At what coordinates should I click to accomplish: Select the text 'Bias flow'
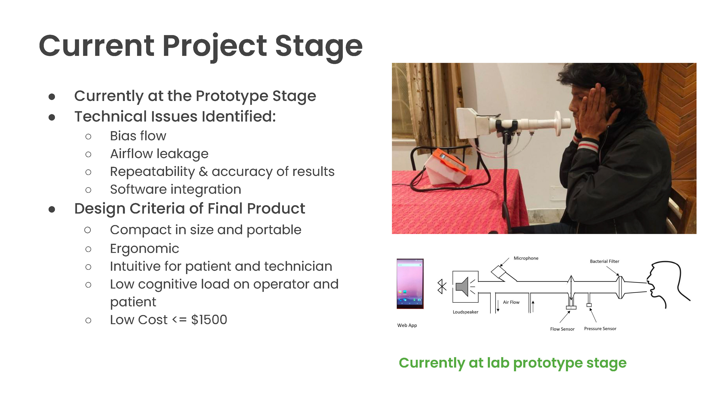[138, 136]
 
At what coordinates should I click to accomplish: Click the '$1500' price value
[209, 320]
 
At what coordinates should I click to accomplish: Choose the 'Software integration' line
[176, 189]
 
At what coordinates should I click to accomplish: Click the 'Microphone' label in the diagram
[526, 258]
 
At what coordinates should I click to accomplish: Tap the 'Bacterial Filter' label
[604, 261]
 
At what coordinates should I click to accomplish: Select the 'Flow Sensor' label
[562, 329]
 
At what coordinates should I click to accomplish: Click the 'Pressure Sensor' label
[600, 329]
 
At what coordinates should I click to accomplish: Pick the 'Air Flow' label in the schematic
[511, 302]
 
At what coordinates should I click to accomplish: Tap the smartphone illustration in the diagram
[410, 283]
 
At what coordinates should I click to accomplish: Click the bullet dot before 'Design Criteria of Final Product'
[52, 209]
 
